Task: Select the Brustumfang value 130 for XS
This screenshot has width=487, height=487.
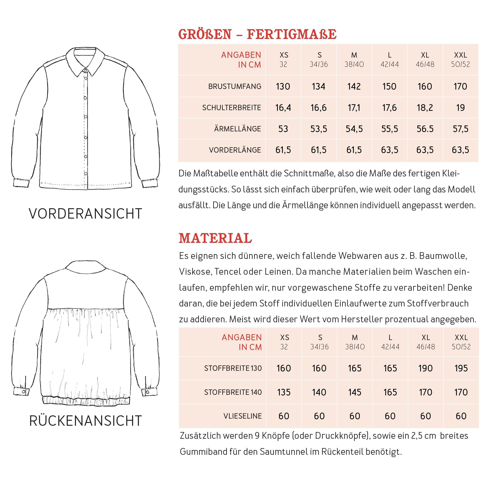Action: pos(283,86)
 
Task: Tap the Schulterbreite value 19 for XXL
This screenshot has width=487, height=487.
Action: pos(460,108)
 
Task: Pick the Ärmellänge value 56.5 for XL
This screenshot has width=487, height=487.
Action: pos(425,129)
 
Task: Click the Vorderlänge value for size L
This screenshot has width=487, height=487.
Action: pos(389,150)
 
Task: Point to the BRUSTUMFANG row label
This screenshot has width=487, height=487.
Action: pos(235,86)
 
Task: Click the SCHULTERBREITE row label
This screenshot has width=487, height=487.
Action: pos(232,108)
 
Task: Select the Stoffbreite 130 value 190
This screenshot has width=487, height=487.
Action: pos(426,368)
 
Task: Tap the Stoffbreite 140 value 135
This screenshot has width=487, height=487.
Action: pos(284,392)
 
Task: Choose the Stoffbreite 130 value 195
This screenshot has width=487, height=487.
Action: pos(461,368)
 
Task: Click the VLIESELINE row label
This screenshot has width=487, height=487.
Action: pos(242,416)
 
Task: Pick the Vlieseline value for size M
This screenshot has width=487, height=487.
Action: pos(355,416)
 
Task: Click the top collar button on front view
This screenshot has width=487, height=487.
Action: pos(86,69)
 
